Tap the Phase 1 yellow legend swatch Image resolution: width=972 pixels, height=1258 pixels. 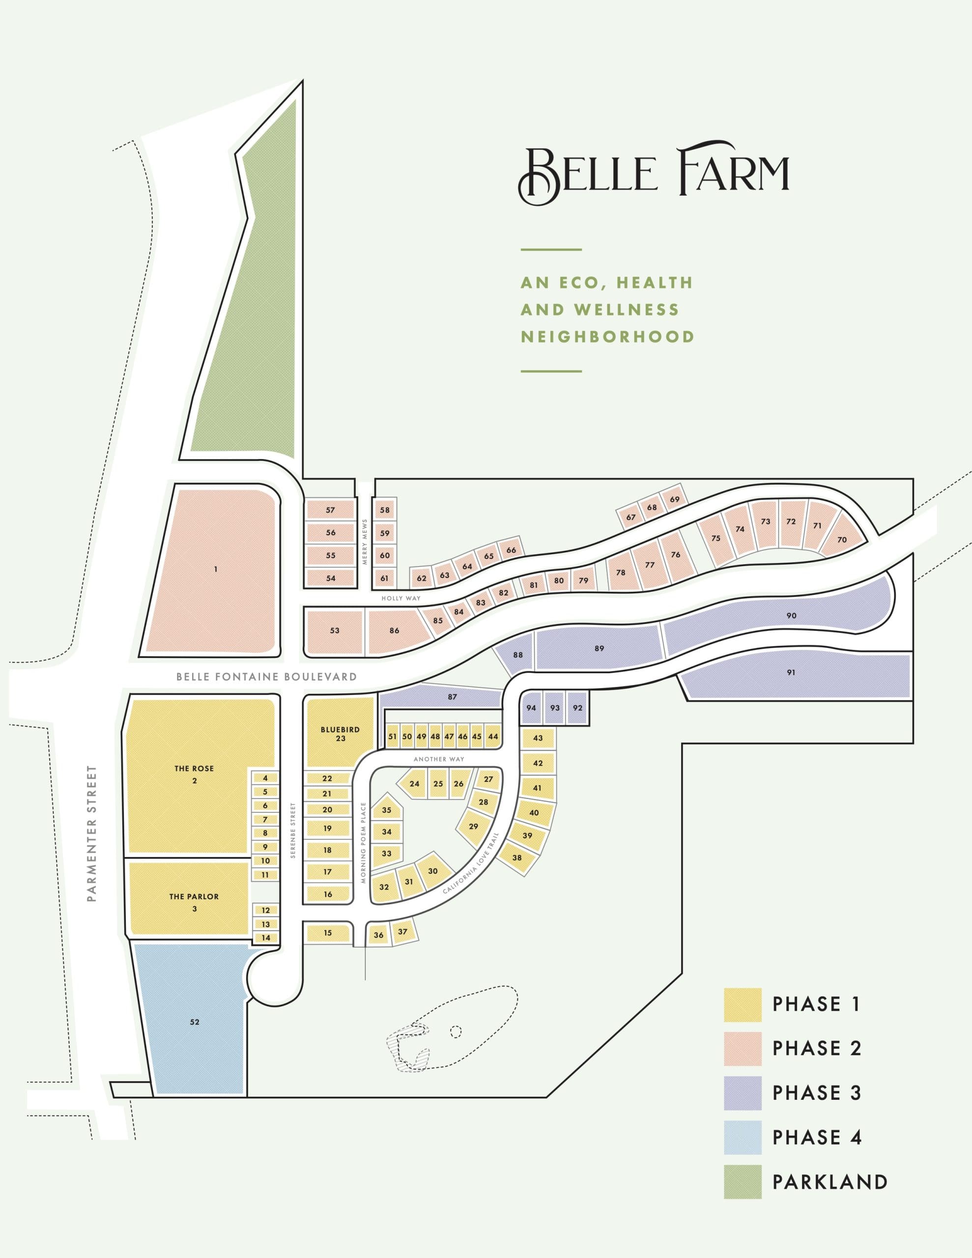742,1004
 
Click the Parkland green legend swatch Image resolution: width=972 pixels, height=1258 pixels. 742,1181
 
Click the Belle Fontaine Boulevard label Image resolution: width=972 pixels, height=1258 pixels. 266,677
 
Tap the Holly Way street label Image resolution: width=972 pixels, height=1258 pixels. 400,599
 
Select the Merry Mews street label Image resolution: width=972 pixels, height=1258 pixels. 364,542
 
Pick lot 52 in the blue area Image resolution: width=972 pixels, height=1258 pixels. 194,1022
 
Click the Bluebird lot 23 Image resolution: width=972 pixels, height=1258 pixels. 340,734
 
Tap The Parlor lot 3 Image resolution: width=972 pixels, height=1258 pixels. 194,902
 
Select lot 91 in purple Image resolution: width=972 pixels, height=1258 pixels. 791,672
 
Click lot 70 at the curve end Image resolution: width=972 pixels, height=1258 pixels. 842,540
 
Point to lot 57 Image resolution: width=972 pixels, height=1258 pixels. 330,510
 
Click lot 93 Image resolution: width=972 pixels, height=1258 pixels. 554,708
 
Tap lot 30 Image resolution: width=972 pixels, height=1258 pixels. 433,871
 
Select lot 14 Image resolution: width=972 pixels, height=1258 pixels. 266,938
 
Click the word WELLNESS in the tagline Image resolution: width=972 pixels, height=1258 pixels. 627,310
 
